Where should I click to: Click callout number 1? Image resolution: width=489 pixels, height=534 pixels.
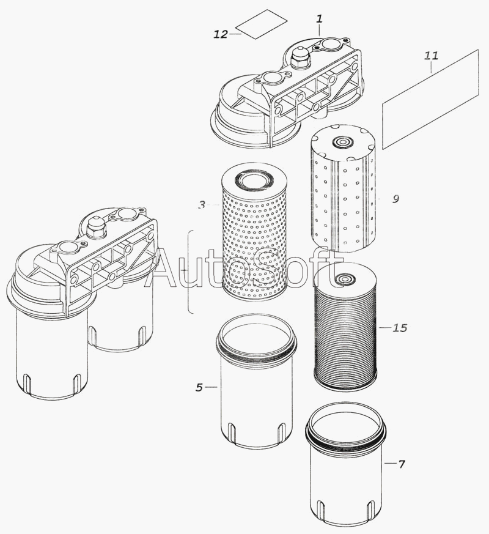coord(319,20)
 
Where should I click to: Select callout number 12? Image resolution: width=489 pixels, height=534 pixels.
coord(220,34)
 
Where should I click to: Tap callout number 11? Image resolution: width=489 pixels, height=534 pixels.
coord(431,56)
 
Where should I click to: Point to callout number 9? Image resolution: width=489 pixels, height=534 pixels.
coord(395,198)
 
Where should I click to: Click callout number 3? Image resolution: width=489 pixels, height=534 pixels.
coord(202,206)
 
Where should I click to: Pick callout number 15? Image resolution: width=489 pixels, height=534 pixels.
coord(399,328)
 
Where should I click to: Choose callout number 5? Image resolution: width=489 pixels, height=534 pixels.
coord(199,387)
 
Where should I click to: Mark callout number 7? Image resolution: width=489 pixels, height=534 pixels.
coord(401,464)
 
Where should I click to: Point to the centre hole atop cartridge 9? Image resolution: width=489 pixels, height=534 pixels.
coord(338,143)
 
